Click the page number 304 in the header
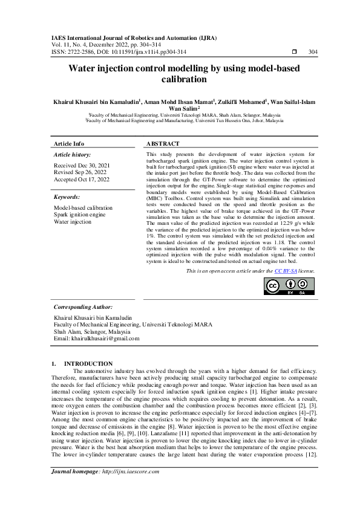pos(313,52)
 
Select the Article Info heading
pos(70,144)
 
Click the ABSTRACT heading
pos(163,144)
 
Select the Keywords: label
pos(67,197)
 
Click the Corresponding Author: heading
pos(83,307)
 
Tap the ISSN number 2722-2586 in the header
pos(77,52)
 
